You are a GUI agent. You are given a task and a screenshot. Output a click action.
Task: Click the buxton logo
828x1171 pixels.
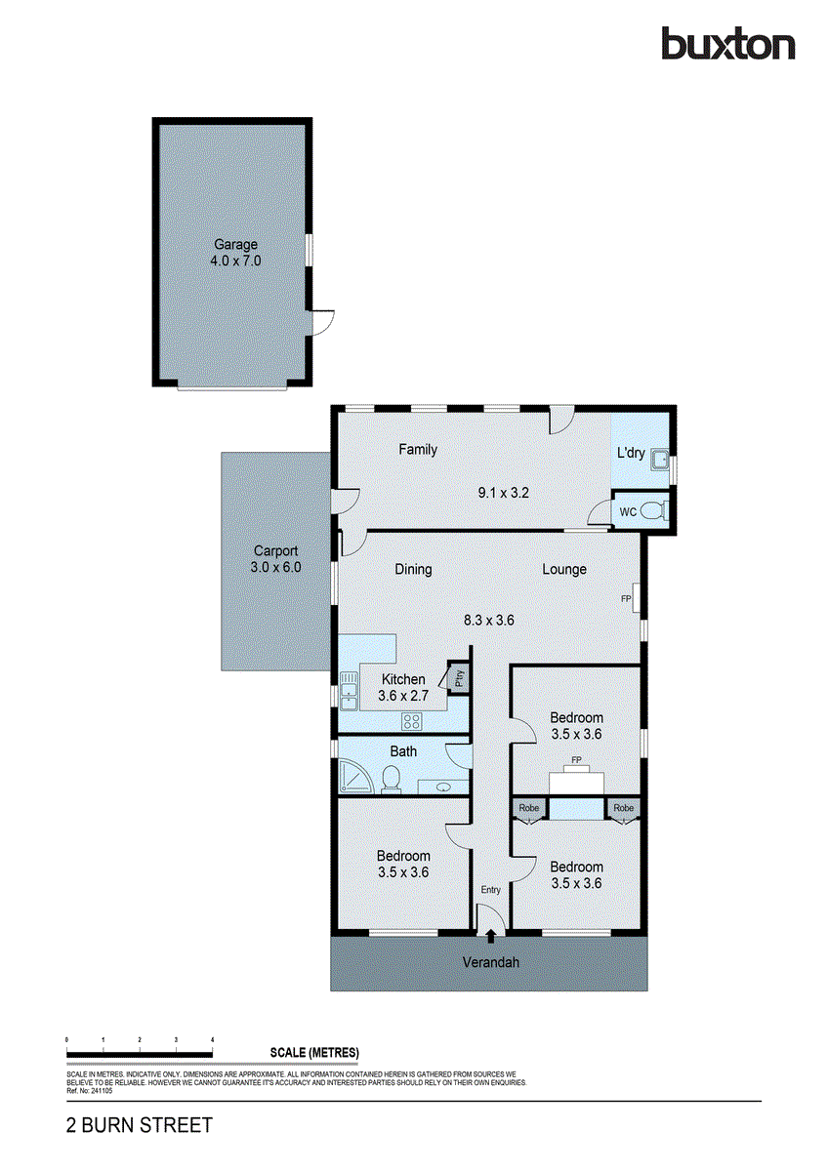pyautogui.click(x=727, y=44)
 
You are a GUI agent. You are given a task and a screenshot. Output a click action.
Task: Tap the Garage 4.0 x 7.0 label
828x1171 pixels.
pyautogui.click(x=236, y=253)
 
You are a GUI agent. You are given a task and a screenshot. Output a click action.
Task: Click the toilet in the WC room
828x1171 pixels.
pyautogui.click(x=657, y=510)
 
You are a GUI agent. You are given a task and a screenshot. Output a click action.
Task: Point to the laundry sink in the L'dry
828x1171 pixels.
pyautogui.click(x=660, y=459)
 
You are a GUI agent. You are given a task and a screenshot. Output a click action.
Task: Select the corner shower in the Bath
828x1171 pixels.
pyautogui.click(x=352, y=776)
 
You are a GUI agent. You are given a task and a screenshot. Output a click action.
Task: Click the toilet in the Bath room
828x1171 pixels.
pyautogui.click(x=390, y=780)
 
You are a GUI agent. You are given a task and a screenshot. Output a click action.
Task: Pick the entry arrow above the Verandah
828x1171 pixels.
pyautogui.click(x=490, y=937)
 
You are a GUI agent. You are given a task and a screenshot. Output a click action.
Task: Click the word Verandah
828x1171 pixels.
pyautogui.click(x=490, y=962)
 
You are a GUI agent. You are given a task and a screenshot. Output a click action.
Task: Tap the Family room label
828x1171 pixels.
pyautogui.click(x=418, y=450)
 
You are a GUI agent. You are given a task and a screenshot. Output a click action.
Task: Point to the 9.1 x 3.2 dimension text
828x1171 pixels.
pyautogui.click(x=503, y=493)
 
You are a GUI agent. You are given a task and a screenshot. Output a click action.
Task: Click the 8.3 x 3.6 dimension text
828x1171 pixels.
pyautogui.click(x=489, y=619)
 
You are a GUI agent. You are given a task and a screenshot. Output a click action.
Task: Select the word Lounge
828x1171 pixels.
pyautogui.click(x=564, y=569)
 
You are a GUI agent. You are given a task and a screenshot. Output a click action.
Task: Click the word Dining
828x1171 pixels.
pyautogui.click(x=413, y=569)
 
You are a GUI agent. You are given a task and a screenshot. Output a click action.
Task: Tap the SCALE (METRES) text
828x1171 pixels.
pyautogui.click(x=314, y=1052)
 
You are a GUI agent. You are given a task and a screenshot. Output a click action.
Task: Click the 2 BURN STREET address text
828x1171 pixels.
pyautogui.click(x=139, y=1125)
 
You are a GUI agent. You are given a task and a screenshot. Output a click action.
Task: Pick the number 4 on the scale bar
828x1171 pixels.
pyautogui.click(x=212, y=1040)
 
